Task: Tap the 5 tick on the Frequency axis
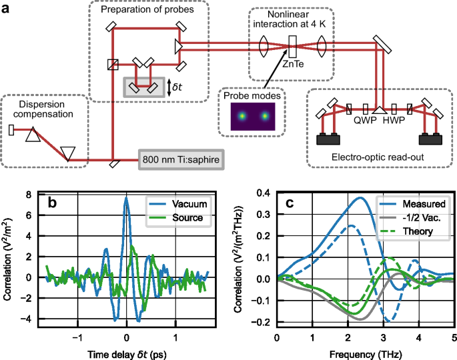point(454,338)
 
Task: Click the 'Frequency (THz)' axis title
point(365,353)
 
